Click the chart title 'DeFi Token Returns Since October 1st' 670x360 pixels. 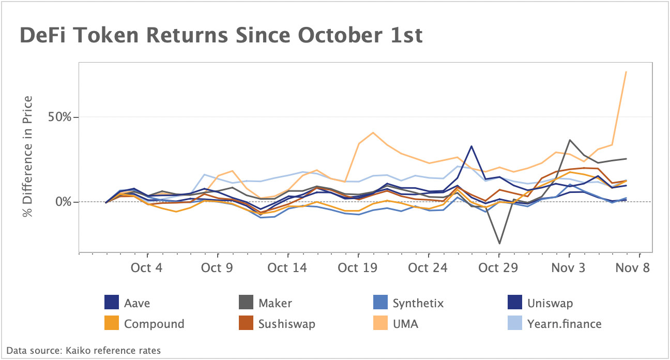pyautogui.click(x=221, y=36)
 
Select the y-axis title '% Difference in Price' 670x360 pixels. pyautogui.click(x=28, y=156)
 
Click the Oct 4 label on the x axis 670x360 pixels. pyautogui.click(x=147, y=268)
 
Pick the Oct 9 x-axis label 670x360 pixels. pyautogui.click(x=218, y=268)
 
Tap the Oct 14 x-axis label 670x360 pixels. pyautogui.click(x=288, y=268)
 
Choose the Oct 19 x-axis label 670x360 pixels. pyautogui.click(x=358, y=268)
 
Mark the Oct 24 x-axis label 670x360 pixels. pyautogui.click(x=428, y=268)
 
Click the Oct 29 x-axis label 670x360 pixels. pyautogui.click(x=498, y=268)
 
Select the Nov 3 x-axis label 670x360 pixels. pyautogui.click(x=569, y=268)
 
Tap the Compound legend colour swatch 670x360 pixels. pyautogui.click(x=112, y=324)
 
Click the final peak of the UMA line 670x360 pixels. pyautogui.click(x=626, y=71)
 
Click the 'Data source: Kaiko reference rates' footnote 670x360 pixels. pyautogui.click(x=84, y=351)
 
